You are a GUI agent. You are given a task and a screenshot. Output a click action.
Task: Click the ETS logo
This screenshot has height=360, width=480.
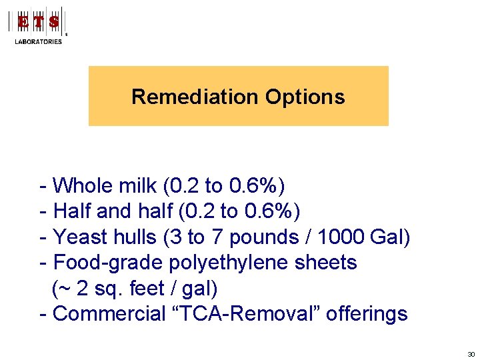[39, 21]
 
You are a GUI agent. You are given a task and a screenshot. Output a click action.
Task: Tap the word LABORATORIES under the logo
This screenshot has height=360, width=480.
[39, 41]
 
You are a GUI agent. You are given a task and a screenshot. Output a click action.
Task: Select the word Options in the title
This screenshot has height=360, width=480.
[305, 97]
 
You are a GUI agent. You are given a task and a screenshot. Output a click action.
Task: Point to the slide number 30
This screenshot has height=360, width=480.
[471, 353]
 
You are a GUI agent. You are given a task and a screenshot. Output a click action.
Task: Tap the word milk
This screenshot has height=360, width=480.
[134, 185]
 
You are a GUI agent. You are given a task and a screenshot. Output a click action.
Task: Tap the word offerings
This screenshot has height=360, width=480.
[368, 314]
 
